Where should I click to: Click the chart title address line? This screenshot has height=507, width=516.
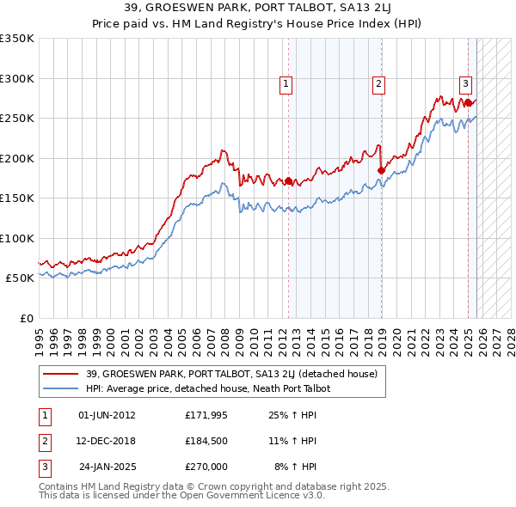257,9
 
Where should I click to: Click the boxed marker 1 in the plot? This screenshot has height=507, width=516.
286,83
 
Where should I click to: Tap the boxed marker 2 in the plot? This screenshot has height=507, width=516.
378,83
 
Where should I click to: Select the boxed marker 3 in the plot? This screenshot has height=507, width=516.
465,83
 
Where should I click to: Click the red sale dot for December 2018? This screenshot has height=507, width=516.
381,171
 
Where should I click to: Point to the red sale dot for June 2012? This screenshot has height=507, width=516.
288,181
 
